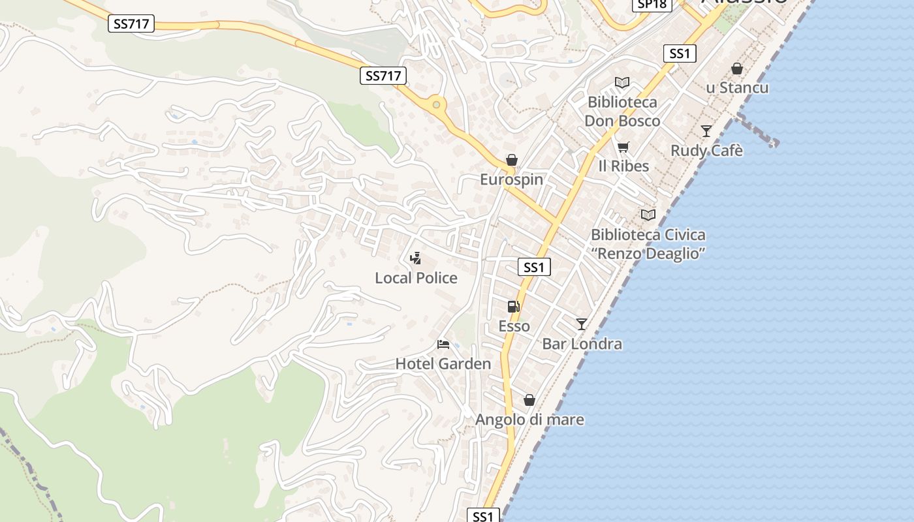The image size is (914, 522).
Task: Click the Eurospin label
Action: [511, 179]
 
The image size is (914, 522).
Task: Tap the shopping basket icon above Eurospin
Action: [512, 160]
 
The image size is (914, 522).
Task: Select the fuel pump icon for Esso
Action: [514, 306]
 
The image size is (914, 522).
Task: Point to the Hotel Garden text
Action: [443, 364]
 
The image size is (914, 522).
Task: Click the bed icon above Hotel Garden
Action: [443, 344]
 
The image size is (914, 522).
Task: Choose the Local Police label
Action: [416, 278]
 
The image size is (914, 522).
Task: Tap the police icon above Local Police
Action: [415, 258]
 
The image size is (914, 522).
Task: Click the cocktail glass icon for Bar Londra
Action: [582, 324]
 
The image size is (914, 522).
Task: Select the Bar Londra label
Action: [582, 344]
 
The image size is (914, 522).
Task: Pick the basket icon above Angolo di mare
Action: [529, 399]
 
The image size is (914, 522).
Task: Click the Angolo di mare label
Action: [529, 420]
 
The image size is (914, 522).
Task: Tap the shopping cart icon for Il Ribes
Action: [623, 146]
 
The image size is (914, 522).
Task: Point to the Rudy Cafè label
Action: [706, 151]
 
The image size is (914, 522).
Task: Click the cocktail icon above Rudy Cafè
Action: [706, 130]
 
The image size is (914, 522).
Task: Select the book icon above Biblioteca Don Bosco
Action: [622, 83]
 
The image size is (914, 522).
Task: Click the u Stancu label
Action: [737, 88]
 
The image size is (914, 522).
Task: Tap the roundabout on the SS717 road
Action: [435, 104]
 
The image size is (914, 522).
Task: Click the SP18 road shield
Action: [652, 4]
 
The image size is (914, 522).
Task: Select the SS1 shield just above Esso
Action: [534, 267]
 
